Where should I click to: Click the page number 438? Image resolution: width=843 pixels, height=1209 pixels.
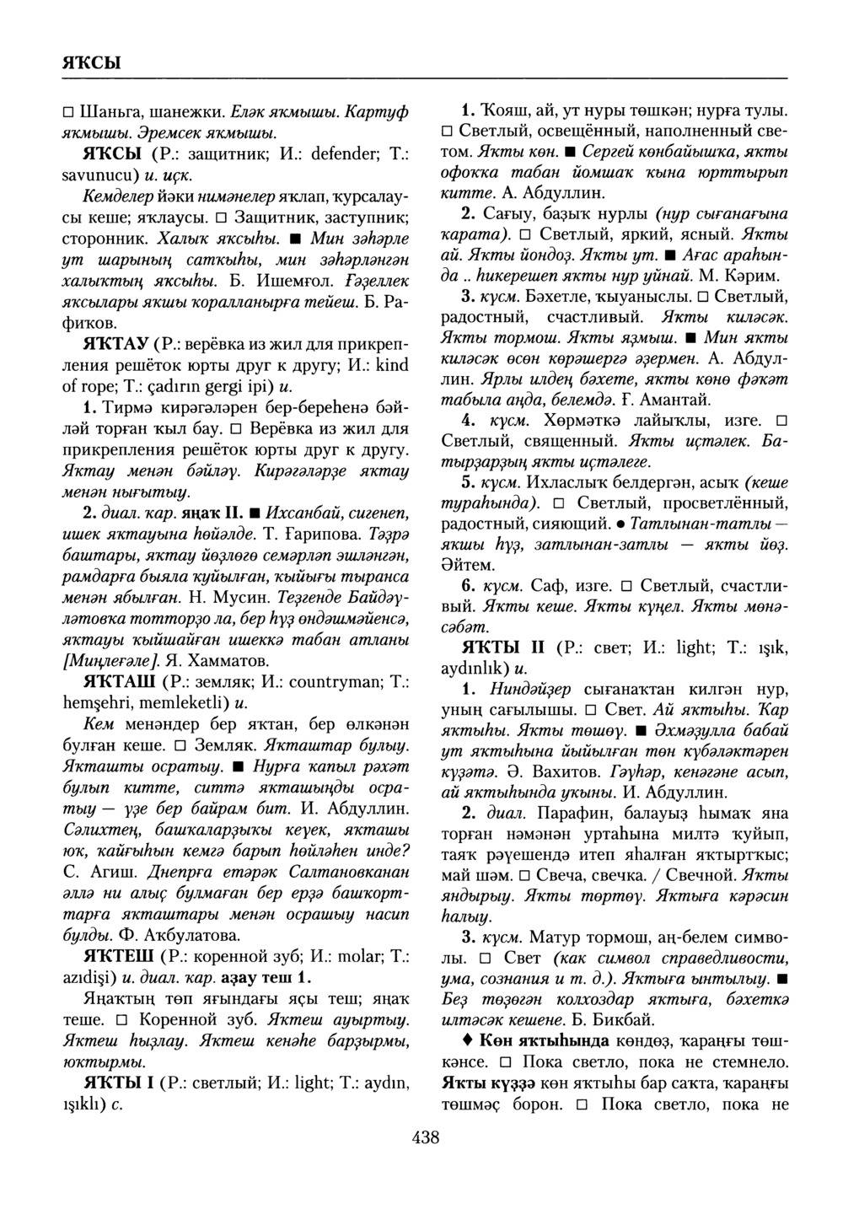[x=426, y=1138]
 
